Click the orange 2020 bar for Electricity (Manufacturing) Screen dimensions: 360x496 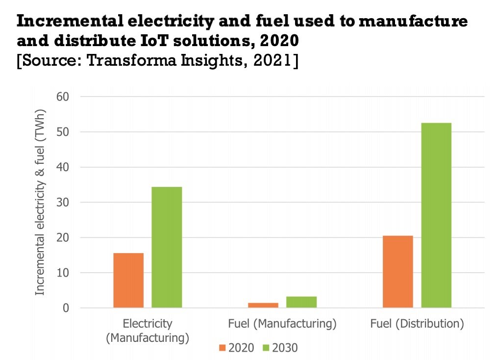pos(128,281)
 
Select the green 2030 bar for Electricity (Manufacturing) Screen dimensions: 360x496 pos(167,248)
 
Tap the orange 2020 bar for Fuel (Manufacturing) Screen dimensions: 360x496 pos(263,305)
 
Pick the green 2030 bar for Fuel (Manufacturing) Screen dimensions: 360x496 pos(301,302)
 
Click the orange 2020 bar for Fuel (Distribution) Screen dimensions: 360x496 pos(398,272)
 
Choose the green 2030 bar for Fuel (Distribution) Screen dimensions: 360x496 pos(436,215)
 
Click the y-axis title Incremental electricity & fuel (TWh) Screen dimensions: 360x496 pos(40,202)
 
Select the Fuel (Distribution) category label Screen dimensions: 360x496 pos(417,324)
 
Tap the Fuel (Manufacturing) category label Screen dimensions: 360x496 pos(282,324)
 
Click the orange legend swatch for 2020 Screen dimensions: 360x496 pos(222,348)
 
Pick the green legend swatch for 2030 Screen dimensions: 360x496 pos(266,348)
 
